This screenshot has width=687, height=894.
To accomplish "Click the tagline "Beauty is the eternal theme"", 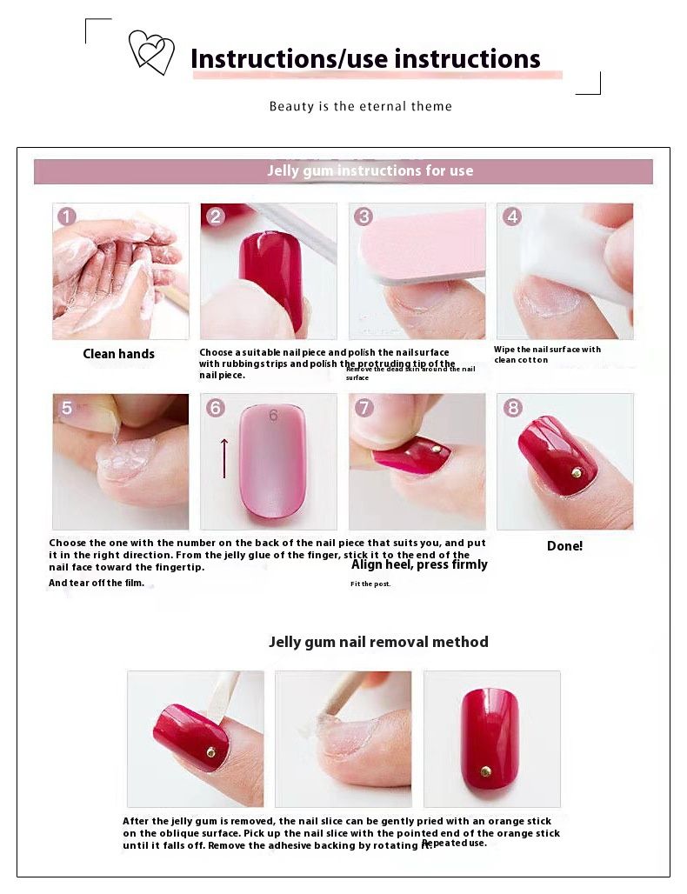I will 360,106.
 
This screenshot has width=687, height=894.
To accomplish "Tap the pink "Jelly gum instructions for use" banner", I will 343,171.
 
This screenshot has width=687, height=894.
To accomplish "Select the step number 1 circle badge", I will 67,217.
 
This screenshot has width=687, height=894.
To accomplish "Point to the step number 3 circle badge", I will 364,217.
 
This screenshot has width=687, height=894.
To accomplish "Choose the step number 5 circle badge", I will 67,408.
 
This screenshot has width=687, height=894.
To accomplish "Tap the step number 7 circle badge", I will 364,408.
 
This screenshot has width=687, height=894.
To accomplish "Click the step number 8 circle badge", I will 512,408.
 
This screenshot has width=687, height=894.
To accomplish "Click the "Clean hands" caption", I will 118,354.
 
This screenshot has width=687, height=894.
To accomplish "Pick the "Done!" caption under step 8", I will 564,546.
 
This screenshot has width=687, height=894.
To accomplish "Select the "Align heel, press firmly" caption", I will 419,564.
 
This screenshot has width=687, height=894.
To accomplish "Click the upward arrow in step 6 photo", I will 224,457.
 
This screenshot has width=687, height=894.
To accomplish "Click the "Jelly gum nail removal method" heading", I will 378,642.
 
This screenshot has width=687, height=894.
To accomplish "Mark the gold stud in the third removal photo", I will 486,770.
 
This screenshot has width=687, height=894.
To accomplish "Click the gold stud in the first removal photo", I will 211,751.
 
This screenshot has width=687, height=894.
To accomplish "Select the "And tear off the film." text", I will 96,584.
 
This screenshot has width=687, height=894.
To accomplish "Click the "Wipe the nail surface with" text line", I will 547,350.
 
